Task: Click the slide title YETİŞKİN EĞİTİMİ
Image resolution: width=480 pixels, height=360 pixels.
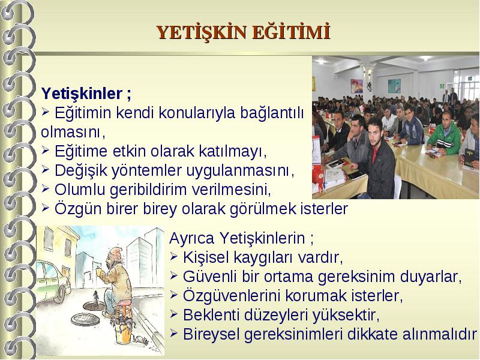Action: [x=244, y=32]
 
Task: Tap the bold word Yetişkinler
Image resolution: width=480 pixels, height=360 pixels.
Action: [x=82, y=93]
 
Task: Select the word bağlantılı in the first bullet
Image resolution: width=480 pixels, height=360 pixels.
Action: [x=272, y=113]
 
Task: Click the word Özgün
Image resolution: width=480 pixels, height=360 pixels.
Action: [x=78, y=209]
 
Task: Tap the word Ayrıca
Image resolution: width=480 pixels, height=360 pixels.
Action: [x=191, y=238]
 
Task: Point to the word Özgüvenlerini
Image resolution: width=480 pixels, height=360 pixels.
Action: [x=232, y=295]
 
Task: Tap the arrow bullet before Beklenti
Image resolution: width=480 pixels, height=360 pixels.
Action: [x=173, y=314]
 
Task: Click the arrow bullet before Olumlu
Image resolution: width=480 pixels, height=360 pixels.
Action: [x=46, y=189]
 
